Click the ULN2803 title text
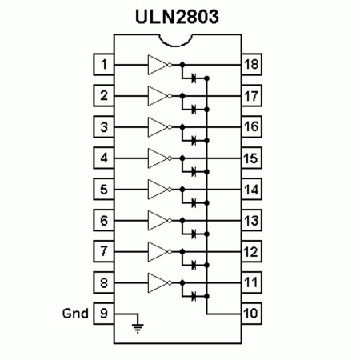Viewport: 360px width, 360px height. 177,17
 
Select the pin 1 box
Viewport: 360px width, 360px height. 104,64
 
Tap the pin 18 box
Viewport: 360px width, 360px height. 251,64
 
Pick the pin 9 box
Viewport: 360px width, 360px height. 104,314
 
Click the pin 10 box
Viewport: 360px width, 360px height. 251,314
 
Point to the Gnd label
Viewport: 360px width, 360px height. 75,314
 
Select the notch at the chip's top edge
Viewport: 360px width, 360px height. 175,41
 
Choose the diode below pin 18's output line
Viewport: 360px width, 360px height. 194,78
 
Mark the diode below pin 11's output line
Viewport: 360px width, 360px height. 194,296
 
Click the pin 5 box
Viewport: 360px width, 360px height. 104,189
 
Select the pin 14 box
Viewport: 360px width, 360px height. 251,189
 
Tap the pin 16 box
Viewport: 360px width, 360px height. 251,126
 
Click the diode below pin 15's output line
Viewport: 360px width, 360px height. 194,172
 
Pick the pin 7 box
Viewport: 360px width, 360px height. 104,251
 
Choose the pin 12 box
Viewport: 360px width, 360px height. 251,251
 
